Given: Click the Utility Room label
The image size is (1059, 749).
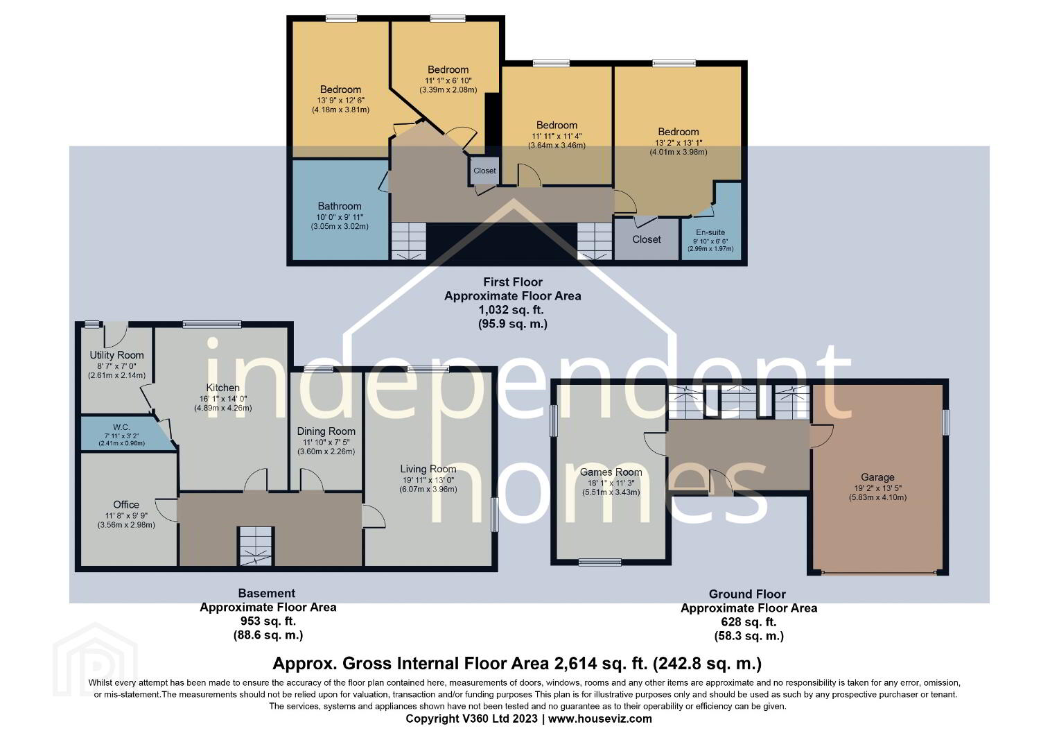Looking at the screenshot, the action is pyautogui.click(x=116, y=355).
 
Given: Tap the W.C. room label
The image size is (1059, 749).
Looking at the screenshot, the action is pyautogui.click(x=121, y=427).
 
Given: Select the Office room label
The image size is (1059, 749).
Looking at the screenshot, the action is pyautogui.click(x=126, y=504).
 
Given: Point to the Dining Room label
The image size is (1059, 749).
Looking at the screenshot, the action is pyautogui.click(x=326, y=431).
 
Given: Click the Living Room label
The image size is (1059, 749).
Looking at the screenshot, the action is pyautogui.click(x=428, y=469).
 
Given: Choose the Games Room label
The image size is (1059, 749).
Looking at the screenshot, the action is pyautogui.click(x=611, y=472).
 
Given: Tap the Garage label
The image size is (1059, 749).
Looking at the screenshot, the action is pyautogui.click(x=877, y=477).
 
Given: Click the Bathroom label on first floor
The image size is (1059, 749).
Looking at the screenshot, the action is pyautogui.click(x=340, y=206).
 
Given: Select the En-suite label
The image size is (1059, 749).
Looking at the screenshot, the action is pyautogui.click(x=710, y=232).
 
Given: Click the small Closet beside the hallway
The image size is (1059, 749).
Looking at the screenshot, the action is pyautogui.click(x=484, y=171).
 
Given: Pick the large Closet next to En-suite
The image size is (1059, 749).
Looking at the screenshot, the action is pyautogui.click(x=646, y=239).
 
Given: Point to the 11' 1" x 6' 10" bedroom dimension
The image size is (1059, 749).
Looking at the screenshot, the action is pyautogui.click(x=448, y=80).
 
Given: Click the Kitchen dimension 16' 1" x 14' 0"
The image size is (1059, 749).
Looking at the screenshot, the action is pyautogui.click(x=222, y=399).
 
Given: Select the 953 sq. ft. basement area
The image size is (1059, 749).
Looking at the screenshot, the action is pyautogui.click(x=268, y=621).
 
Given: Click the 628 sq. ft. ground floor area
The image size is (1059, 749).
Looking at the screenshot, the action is pyautogui.click(x=749, y=621).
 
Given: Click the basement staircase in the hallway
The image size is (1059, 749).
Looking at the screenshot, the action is pyautogui.click(x=255, y=546).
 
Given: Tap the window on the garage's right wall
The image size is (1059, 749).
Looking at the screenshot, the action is pyautogui.click(x=945, y=422).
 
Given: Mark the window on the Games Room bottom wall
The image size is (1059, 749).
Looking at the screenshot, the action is pyautogui.click(x=600, y=562).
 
